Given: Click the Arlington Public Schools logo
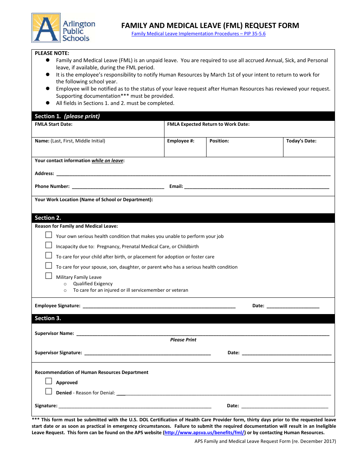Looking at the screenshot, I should (x=64, y=28).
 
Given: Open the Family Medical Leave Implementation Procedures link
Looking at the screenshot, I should (x=198, y=34).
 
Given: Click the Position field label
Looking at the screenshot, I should (x=219, y=141).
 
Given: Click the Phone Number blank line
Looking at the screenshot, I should (x=118, y=186).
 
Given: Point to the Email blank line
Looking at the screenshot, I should (x=257, y=186).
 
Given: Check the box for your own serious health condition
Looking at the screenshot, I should (x=49, y=235).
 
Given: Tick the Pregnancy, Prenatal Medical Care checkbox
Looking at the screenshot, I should (x=49, y=245).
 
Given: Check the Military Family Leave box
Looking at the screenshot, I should (x=49, y=276).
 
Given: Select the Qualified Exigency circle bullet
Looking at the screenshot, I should (x=65, y=284).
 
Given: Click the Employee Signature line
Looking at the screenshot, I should (x=159, y=306).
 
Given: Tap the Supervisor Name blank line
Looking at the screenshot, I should (x=202, y=333).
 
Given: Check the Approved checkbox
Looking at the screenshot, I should (x=49, y=381).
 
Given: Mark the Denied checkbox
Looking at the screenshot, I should (x=49, y=391).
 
